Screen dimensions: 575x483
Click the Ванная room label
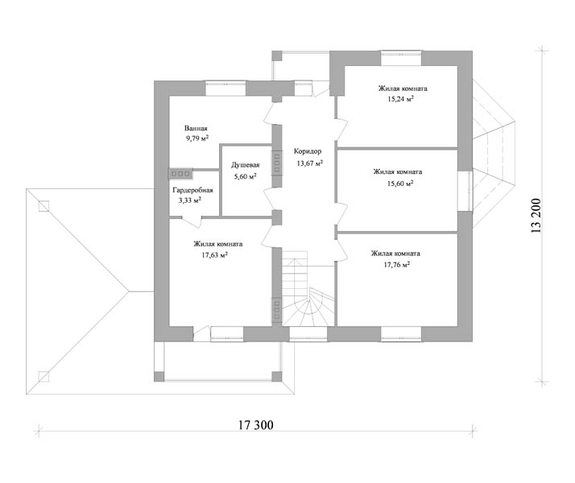[x=196, y=128]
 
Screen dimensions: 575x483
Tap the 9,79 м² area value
[x=197, y=138]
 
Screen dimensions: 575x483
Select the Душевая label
[x=246, y=165]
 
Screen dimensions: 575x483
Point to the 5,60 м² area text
[x=246, y=176]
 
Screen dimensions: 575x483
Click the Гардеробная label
[x=192, y=190]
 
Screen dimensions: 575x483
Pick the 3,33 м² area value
[x=190, y=200]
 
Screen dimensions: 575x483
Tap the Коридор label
[x=308, y=151]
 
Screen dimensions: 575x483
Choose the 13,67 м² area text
[x=310, y=163]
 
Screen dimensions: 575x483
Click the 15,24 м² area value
[x=401, y=98]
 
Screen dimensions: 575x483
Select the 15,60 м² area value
[x=400, y=184]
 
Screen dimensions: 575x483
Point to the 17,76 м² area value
[x=397, y=264]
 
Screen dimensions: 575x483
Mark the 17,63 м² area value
[x=214, y=254]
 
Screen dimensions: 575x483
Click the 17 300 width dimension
[x=256, y=425]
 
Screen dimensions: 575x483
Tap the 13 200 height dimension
[x=536, y=216]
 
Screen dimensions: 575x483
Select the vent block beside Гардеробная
[x=180, y=174]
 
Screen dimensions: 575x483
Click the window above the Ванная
[x=225, y=89]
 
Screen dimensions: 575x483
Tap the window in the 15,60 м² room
[x=465, y=191]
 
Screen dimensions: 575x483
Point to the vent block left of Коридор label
[x=276, y=163]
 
